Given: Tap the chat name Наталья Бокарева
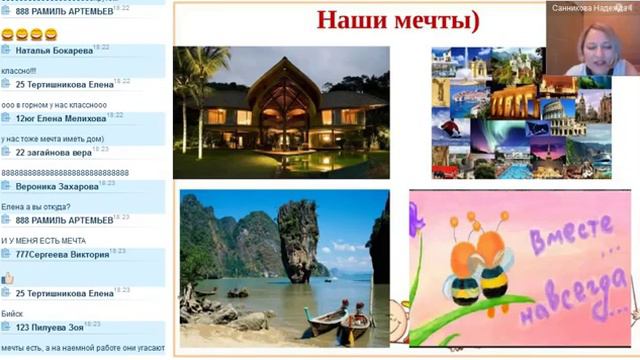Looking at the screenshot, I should tap(54, 51).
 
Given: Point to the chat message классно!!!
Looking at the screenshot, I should tap(19, 70).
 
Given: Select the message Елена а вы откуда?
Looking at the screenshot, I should tap(35, 207).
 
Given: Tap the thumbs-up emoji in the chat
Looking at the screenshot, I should tap(8, 277).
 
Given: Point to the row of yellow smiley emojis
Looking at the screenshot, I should tap(29, 34).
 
